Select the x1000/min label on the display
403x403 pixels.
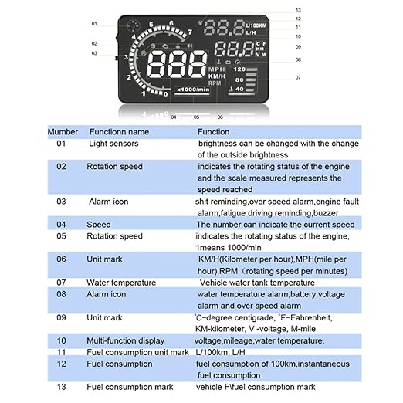pyautogui.click(x=191, y=90)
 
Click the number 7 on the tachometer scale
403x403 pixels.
pyautogui.click(x=189, y=32)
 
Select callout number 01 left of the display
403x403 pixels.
pyautogui.click(x=94, y=23)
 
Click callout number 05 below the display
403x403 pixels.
pyautogui.click(x=197, y=117)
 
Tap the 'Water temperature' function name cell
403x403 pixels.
pyautogui.click(x=120, y=283)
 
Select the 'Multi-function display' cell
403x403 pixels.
pyautogui.click(x=127, y=340)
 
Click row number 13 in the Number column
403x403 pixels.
pyautogui.click(x=63, y=386)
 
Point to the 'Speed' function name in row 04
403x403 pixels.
pyautogui.click(x=99, y=225)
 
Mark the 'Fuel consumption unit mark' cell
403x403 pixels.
pyautogui.click(x=138, y=352)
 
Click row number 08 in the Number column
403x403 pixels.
pyautogui.click(x=63, y=294)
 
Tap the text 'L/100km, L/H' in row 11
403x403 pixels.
pyautogui.click(x=224, y=352)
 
